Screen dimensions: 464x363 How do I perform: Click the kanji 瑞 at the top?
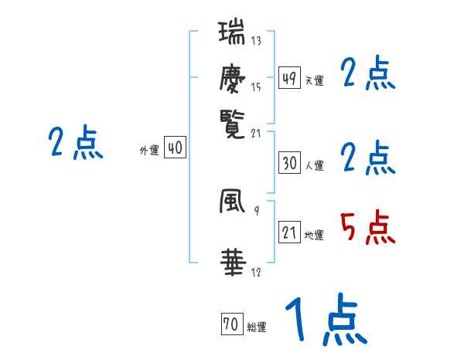231,35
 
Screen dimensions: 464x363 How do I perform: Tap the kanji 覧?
231,121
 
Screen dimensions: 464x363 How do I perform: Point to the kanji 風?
231,203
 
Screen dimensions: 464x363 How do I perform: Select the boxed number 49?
289,78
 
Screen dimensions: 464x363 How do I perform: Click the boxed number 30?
289,163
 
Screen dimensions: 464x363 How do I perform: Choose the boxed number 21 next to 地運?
289,232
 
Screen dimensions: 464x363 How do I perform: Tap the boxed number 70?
231,325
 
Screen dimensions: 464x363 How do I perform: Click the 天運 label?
314,80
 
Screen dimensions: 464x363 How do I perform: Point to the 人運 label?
314,165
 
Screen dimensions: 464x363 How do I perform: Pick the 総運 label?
256,327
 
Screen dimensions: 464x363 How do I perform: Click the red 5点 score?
368,229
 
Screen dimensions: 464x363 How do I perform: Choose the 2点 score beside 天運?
368,74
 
